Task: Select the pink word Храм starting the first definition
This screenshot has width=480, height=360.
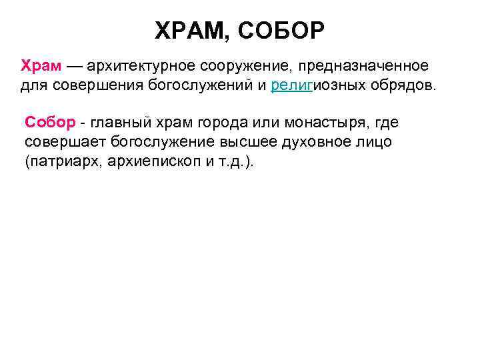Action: click(x=41, y=67)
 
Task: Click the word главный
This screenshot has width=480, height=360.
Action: click(x=117, y=123)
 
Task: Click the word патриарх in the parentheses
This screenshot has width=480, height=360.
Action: click(x=61, y=162)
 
